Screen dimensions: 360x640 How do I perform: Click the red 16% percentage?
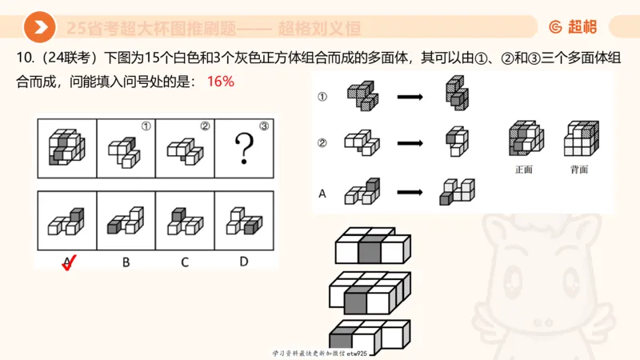(x=220, y=82)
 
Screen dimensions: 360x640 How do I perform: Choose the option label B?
(x=126, y=261)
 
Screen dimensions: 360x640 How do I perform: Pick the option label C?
(x=185, y=261)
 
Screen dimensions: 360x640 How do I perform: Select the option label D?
(x=243, y=261)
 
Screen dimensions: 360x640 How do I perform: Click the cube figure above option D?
(x=243, y=220)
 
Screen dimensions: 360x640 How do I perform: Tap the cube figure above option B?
(x=126, y=220)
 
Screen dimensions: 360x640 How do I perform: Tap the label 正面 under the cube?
(x=524, y=170)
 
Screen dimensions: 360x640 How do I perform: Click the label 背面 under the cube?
(x=579, y=170)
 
